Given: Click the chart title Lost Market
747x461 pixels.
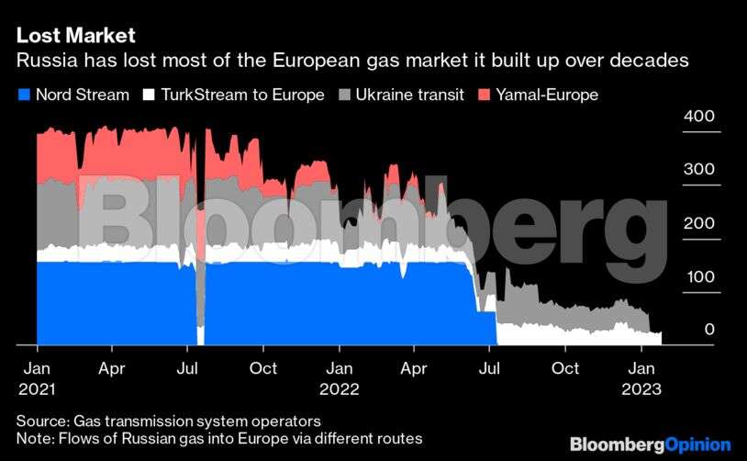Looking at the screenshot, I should pos(75,36).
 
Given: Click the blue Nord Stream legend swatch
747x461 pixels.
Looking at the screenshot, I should pos(24,95).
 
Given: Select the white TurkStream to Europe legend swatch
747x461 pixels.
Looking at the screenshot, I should pos(149,95).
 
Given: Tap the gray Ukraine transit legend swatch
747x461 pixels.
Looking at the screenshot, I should pos(345,95).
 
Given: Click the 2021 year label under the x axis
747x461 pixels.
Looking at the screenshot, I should pos(37,388).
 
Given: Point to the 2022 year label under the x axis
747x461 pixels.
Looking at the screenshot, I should pos(340,388).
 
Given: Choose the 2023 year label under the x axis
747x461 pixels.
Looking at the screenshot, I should pos(641,388).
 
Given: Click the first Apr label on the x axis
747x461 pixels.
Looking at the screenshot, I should pos(112,368).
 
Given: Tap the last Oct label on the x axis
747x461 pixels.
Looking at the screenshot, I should pos(565,368).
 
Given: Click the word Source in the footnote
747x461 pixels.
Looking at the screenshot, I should pos(41,421).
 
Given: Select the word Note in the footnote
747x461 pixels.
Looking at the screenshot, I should pos(34,438).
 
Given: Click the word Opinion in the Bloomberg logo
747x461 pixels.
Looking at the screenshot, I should pos(698,444).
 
